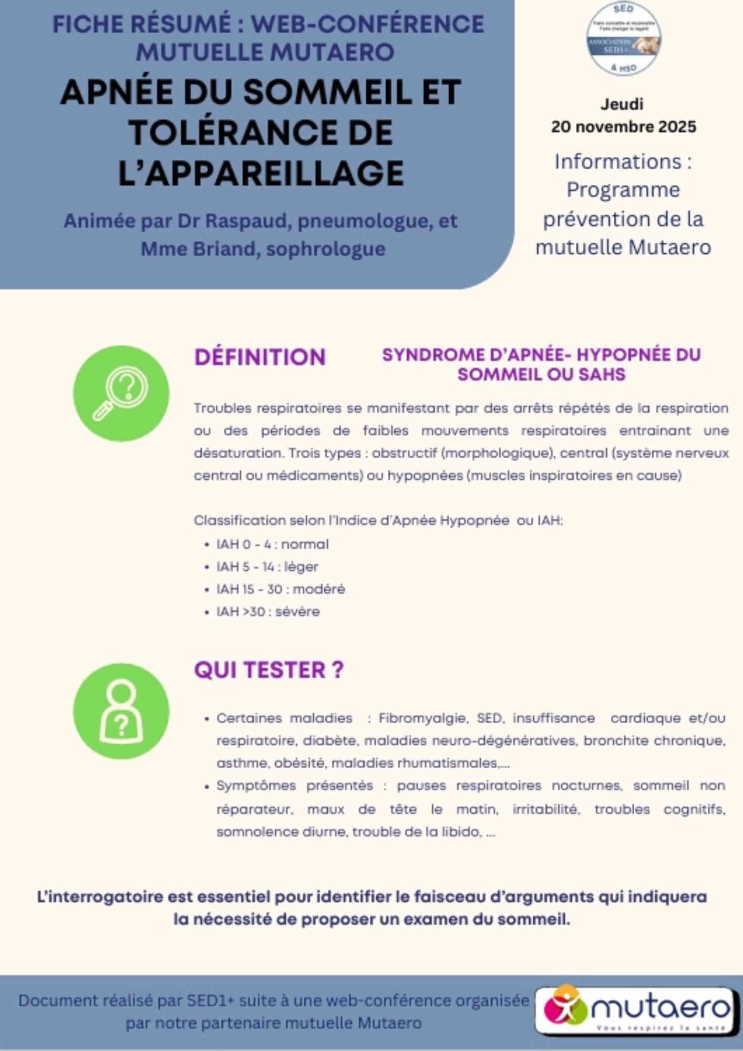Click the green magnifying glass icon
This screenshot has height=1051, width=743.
[x=121, y=394]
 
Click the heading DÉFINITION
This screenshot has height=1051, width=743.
[x=260, y=357]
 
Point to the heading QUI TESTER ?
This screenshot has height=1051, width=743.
[x=269, y=670]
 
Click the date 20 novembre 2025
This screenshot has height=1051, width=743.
[x=623, y=127]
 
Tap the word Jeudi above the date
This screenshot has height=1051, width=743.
[x=622, y=104]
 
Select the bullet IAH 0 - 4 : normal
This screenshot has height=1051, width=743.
[x=272, y=544]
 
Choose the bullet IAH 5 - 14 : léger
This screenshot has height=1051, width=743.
[x=267, y=566]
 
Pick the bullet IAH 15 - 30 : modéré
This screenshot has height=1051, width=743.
[x=280, y=589]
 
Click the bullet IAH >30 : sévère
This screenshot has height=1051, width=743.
[x=267, y=612]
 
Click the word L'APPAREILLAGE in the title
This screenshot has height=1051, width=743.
[x=261, y=172]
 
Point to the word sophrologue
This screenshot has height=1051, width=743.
[x=326, y=249]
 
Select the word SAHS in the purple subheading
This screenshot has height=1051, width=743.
[x=601, y=375]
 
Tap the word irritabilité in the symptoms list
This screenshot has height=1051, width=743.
[x=546, y=809]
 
